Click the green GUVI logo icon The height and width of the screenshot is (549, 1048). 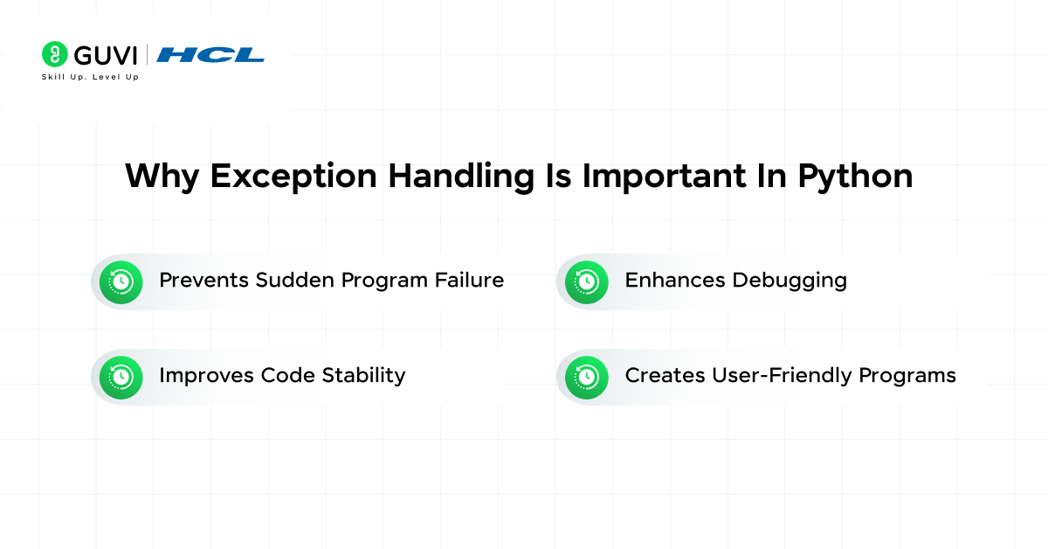tap(54, 54)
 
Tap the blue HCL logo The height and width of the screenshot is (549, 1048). tap(210, 54)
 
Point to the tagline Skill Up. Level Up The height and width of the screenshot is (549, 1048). tap(90, 77)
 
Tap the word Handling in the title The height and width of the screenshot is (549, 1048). tap(460, 176)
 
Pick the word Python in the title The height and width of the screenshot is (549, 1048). tap(855, 176)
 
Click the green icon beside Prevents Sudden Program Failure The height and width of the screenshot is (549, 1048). tap(121, 281)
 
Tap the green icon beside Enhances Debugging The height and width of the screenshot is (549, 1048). tap(586, 281)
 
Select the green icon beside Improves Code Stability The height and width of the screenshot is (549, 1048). tap(121, 377)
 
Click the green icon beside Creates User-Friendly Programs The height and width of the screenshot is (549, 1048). tap(586, 377)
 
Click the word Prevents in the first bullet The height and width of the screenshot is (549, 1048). tap(203, 280)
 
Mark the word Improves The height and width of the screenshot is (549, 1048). tap(206, 375)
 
